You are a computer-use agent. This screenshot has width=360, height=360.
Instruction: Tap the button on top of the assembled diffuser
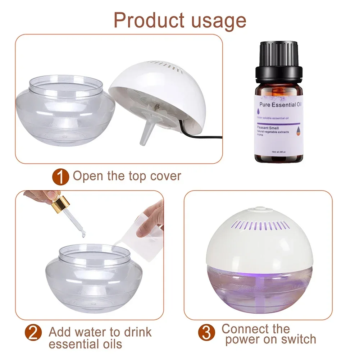(x=260, y=209)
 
